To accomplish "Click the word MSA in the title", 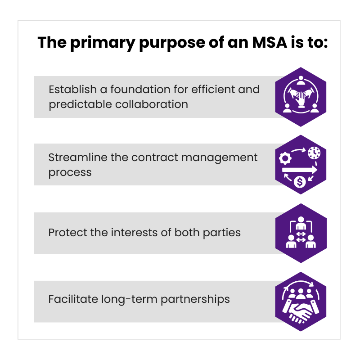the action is coord(270,42).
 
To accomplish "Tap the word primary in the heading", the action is coord(103,43).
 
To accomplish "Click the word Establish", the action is coord(72,89).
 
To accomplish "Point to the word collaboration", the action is coord(152,104).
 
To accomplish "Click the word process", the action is coord(70,173).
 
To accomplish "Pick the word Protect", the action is coord(67,232).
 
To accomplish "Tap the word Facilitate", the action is coord(73,299).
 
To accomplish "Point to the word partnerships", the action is coord(195,299).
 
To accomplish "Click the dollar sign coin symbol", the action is coord(300,182).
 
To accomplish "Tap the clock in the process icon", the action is coord(314,153).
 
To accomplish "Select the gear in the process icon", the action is coord(285,158).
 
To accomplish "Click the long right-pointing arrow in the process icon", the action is coord(300,170).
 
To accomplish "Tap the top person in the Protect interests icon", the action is coord(301,223).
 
